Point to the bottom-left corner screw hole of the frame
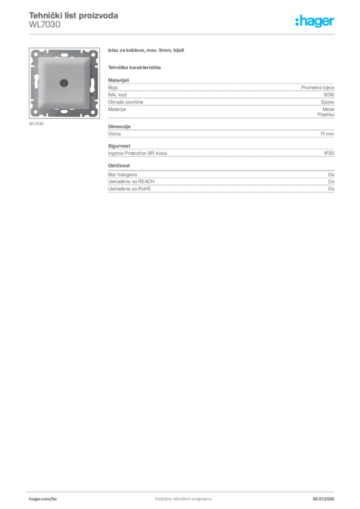click(35, 112)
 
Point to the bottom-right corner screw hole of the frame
click(94, 112)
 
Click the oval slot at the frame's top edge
click(64, 52)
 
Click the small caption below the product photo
click(37, 124)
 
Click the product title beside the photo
click(147, 51)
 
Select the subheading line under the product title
click(135, 67)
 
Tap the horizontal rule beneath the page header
click(183, 34)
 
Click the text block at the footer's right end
click(326, 496)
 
